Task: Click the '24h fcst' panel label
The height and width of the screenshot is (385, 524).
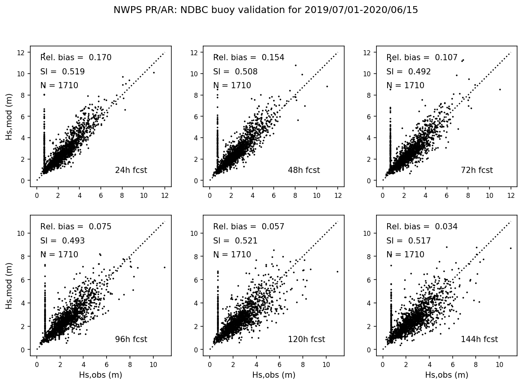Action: click(x=131, y=170)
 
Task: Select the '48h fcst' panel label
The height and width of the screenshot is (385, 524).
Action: click(x=304, y=170)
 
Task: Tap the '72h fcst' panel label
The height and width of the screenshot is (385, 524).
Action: click(x=476, y=170)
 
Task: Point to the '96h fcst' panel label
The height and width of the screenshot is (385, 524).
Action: click(x=131, y=339)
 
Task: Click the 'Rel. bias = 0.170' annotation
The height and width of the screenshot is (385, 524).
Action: click(x=76, y=58)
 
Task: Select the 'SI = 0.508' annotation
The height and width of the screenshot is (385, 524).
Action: click(x=235, y=72)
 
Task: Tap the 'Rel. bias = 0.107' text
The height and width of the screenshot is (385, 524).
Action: click(x=422, y=58)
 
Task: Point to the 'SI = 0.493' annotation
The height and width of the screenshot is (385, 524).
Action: click(x=62, y=241)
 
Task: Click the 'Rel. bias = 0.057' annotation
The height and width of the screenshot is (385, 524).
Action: click(x=249, y=227)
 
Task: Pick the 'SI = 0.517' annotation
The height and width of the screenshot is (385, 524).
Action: click(x=408, y=241)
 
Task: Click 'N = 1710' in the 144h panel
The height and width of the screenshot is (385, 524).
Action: click(x=405, y=255)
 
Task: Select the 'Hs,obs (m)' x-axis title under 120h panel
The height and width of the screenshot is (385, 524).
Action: click(x=274, y=375)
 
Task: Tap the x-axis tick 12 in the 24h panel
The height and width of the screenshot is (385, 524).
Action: click(x=165, y=195)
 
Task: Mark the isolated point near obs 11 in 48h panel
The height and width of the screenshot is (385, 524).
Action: click(x=327, y=86)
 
